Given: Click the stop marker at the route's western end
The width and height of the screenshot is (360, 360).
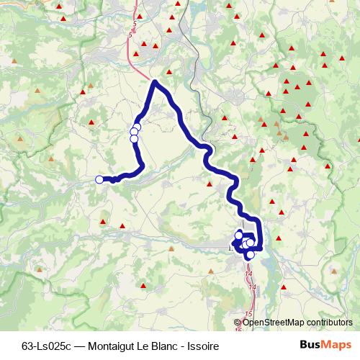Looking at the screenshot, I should point(99,179).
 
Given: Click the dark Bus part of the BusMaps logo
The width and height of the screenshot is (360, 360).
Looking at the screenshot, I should point(310,346).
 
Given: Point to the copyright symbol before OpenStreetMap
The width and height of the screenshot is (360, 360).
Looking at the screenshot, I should point(238,323).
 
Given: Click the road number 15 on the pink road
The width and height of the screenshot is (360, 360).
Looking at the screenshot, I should point(248,314).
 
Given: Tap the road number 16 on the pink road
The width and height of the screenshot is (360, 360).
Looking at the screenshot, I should point(238,330).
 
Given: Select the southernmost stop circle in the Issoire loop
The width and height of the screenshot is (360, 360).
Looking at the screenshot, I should point(251,254).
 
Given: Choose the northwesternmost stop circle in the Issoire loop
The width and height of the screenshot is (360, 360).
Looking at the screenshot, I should point(239,235).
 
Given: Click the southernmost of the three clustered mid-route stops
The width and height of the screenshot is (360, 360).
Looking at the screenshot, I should point(134,139).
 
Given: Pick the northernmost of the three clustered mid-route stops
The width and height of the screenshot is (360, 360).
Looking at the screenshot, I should point(137,127).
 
